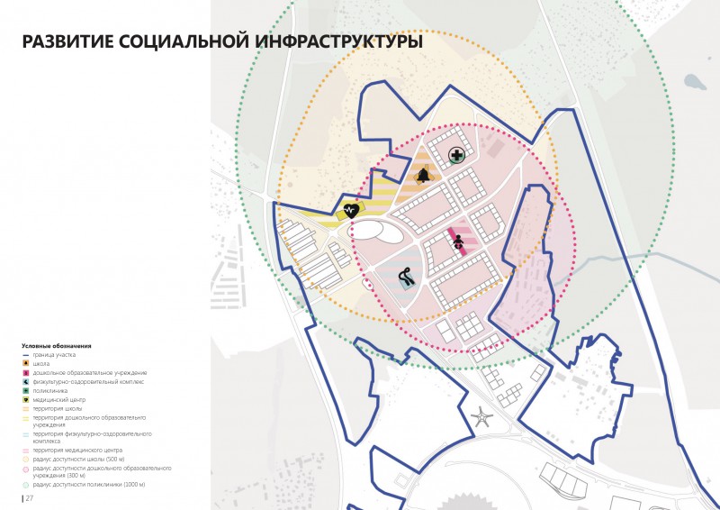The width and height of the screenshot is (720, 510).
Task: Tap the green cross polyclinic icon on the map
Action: tap(457, 156)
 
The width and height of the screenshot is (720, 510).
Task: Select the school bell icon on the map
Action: tap(423, 176)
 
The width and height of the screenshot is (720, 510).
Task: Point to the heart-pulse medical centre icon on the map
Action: tap(352, 210)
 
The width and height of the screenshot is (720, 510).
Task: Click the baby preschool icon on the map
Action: tap(457, 240)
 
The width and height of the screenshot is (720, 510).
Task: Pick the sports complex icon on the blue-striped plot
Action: tap(406, 278)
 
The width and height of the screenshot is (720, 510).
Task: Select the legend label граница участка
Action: tap(55, 355)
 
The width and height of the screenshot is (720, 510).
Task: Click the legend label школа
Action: tap(41, 364)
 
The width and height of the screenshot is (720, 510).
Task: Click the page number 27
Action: tap(30, 498)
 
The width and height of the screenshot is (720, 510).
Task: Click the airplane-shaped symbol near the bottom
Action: tap(481, 417)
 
